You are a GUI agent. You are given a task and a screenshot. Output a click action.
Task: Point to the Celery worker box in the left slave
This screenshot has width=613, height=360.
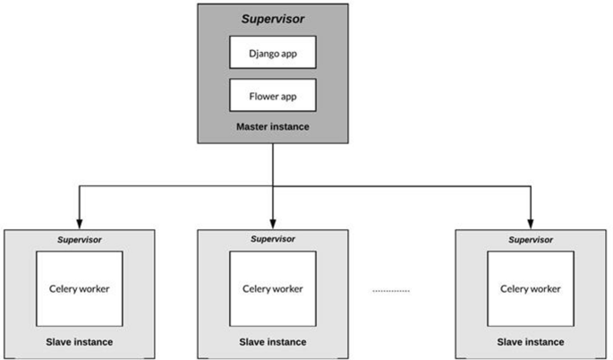[79, 288]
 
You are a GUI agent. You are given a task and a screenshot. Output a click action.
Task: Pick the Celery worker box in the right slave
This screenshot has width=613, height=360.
[531, 288]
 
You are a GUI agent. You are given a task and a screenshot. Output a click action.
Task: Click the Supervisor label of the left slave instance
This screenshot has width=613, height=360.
[79, 239]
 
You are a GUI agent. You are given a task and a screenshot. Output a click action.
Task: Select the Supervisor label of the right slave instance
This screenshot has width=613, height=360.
[531, 239]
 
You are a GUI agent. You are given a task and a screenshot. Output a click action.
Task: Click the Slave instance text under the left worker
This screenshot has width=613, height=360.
[79, 342]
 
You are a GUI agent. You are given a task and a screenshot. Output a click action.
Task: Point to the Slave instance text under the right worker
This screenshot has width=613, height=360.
[531, 342]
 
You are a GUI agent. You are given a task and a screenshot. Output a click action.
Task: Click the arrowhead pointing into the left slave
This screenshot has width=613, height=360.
[79, 223]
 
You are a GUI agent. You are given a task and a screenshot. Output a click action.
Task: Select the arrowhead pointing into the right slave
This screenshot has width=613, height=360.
[531, 223]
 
